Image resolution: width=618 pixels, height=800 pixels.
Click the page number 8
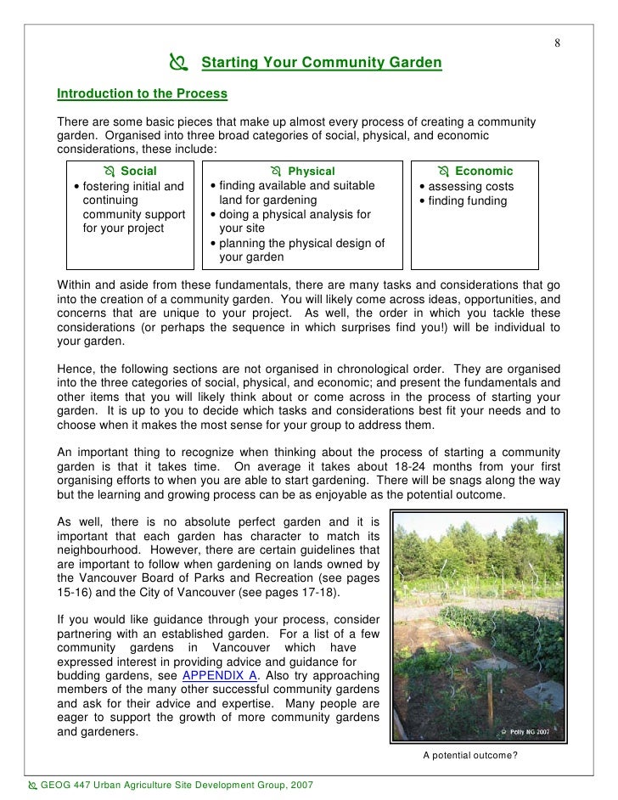click(558, 44)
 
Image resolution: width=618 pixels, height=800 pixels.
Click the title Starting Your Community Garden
click(321, 63)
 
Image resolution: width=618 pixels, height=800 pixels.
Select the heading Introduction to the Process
click(142, 93)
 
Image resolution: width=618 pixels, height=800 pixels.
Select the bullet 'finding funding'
click(467, 201)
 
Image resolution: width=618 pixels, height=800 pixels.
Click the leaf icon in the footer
click(31, 785)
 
